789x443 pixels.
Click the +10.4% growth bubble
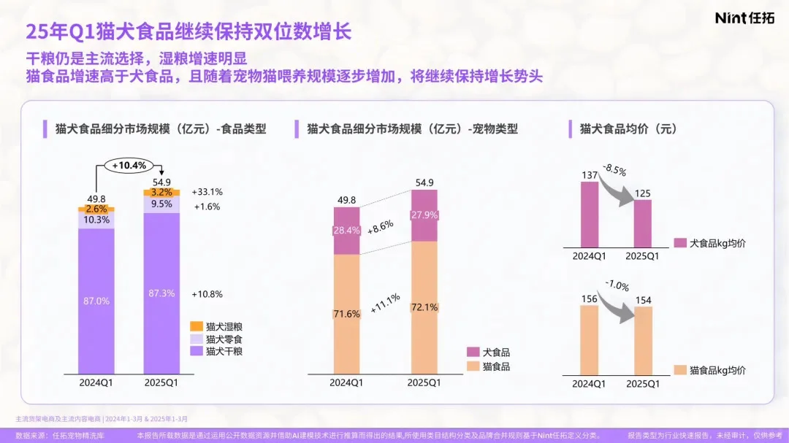[128, 166]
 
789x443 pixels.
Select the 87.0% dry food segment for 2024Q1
[96, 301]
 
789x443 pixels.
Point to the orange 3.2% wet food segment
[161, 193]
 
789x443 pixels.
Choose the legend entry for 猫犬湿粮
[216, 325]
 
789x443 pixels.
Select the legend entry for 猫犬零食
[216, 339]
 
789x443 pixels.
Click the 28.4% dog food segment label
[346, 231]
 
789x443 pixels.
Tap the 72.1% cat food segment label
[424, 308]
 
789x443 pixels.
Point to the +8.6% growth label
[381, 226]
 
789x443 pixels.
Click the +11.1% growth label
[384, 303]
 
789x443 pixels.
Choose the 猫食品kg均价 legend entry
[710, 370]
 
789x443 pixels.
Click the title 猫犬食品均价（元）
[628, 129]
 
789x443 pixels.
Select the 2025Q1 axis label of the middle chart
[424, 382]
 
